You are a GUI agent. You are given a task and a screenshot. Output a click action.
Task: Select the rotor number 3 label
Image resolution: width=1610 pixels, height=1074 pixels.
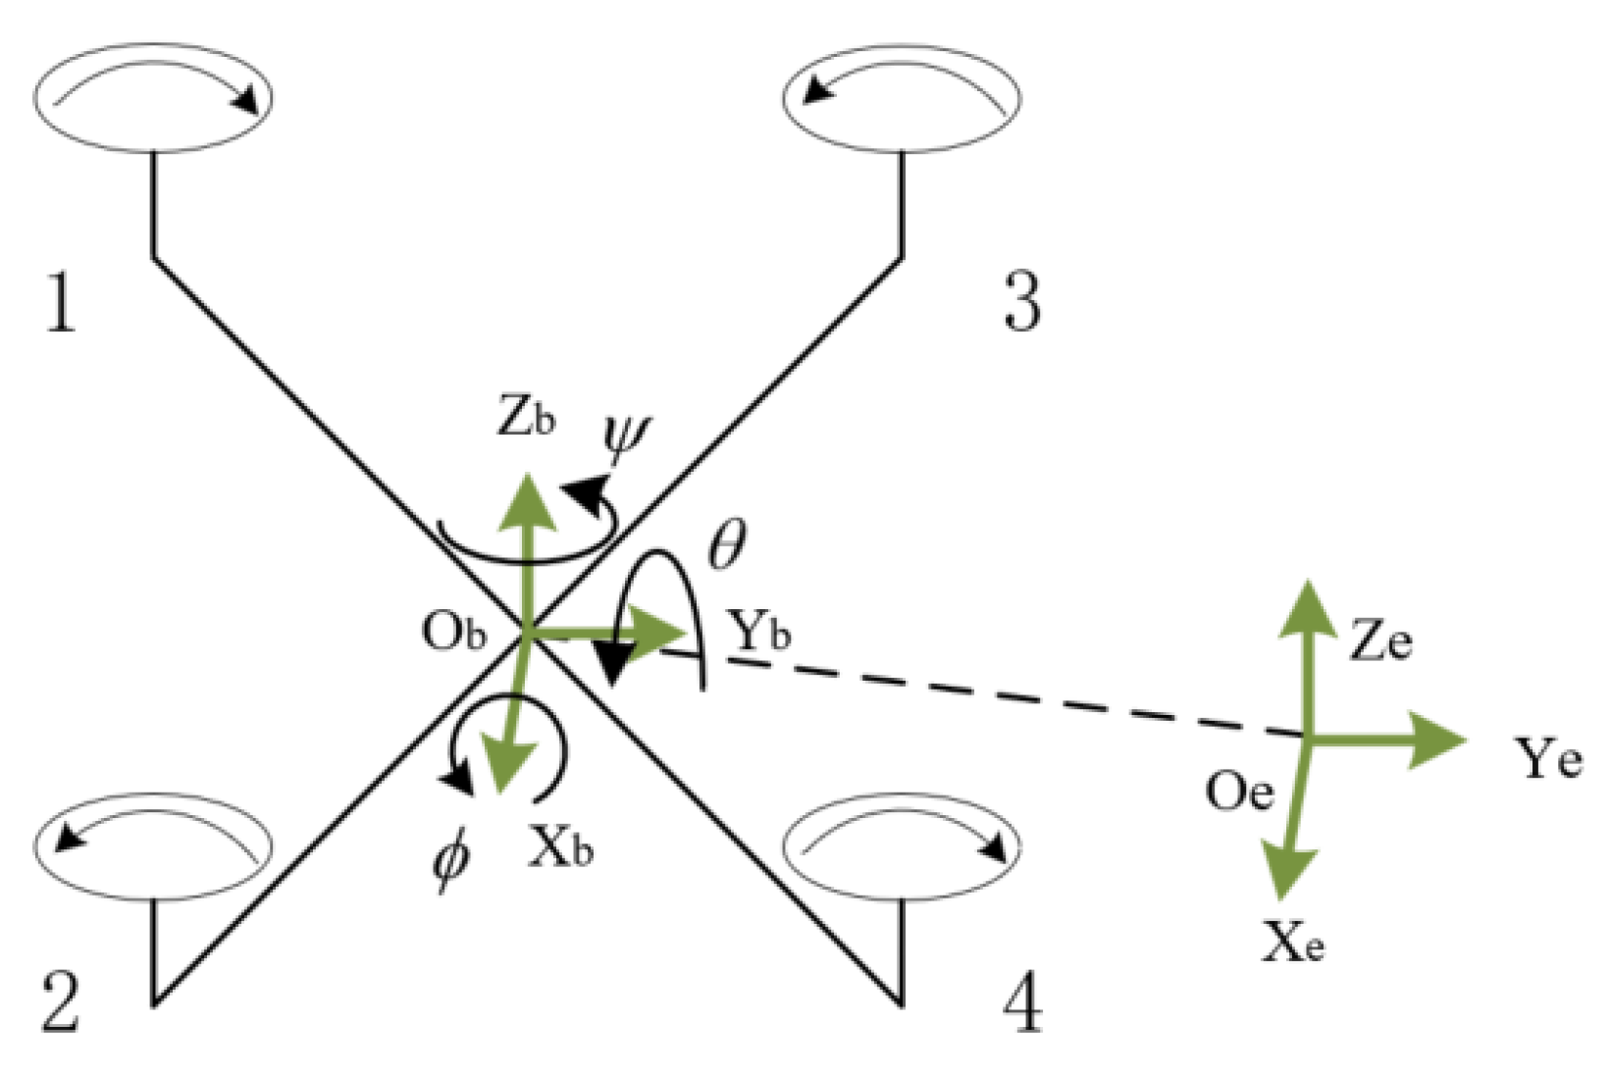pos(1021,301)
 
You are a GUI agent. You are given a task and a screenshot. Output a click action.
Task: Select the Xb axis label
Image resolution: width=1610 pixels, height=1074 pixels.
pos(560,844)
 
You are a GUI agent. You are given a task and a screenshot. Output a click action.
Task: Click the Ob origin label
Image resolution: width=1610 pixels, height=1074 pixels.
pos(453,632)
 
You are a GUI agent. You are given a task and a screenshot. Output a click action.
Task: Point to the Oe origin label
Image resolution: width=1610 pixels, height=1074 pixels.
pos(1239,790)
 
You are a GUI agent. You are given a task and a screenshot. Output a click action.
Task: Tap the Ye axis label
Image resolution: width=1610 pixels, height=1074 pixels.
pos(1547,757)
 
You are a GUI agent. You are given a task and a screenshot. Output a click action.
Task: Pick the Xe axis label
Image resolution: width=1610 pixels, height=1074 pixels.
pos(1293,943)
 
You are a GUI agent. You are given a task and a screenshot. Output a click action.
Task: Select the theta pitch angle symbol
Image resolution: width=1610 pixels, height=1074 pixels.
pos(727,544)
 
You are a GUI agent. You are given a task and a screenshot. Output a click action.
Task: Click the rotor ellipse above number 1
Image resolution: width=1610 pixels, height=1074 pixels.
pos(153,97)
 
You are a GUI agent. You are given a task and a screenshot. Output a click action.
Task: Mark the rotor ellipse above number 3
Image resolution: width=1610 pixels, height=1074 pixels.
pos(902,97)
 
